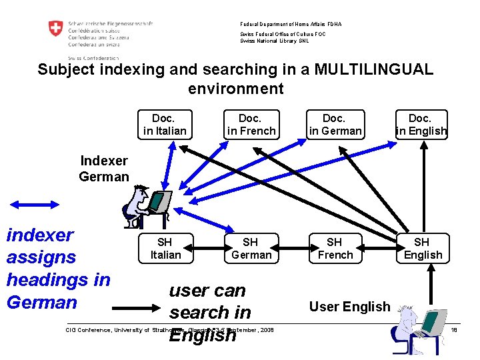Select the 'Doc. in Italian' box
coord(165,125)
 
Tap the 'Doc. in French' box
coord(251,125)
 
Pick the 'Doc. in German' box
coord(335,125)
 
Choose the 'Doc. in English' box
coord(421,125)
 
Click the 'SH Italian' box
coord(165,248)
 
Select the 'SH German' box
coord(251,248)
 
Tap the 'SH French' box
coord(335,248)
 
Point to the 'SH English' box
coord(422,248)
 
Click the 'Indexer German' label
coord(103,169)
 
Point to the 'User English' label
coord(349,307)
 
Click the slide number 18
coord(454,329)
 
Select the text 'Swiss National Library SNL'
coord(275,41)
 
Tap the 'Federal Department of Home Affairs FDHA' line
coord(291,25)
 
